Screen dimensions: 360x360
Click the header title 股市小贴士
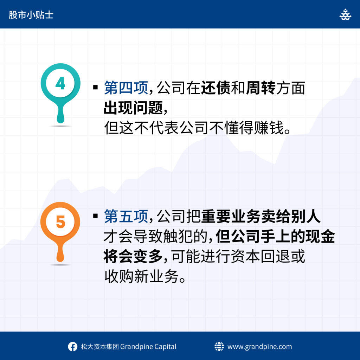pos(31,15)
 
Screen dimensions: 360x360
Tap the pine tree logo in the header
pos(345,14)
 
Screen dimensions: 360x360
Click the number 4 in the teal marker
pos(60,83)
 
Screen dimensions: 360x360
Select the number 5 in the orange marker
pos(60,222)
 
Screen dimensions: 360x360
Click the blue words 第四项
pos(126,88)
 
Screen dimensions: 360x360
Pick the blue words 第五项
pos(126,216)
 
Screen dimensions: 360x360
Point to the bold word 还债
pos(216,88)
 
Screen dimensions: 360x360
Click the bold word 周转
pos(261,88)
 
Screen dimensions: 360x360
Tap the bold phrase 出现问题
pos(133,108)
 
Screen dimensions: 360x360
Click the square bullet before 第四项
pos(96,87)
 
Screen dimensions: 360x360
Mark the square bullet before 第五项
pos(96,216)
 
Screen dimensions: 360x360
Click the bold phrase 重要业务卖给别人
pos(261,216)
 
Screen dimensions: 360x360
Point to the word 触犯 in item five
pos(178,237)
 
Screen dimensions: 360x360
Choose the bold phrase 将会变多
pos(133,256)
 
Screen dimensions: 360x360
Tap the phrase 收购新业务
pos(141,276)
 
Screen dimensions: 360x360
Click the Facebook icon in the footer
pos(72,347)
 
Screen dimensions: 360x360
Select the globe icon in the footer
pos(219,346)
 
